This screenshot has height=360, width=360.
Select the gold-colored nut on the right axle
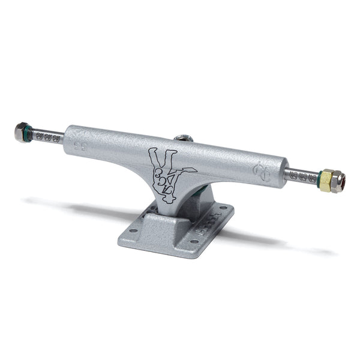pos(325,179)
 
